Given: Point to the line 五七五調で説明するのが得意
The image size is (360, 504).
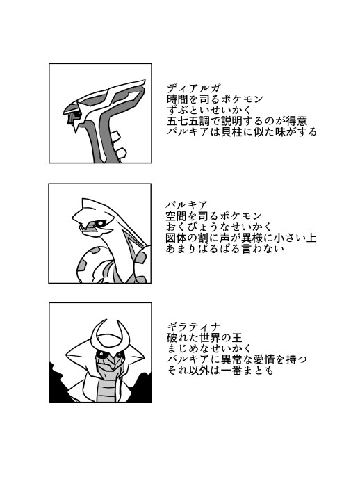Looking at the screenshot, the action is tap(237, 121).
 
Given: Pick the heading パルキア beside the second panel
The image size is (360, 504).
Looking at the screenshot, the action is tap(187, 204).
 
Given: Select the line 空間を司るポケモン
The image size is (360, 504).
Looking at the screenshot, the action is tap(214, 216).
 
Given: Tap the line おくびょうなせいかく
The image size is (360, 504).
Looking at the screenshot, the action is tap(219, 227).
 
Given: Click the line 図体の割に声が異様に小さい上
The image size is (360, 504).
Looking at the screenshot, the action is tap(241, 238).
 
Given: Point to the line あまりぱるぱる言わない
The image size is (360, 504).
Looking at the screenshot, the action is tap(225, 249).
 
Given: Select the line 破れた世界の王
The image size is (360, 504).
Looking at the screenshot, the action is tap(204, 337).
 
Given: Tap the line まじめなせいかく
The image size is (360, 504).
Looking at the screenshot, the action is tap(210, 348).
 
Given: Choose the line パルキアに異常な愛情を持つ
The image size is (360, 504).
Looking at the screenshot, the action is tap(237, 359).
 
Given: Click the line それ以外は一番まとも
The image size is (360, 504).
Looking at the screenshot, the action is tap(220, 371).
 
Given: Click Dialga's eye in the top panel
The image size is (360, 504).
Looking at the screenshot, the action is tap(77, 113).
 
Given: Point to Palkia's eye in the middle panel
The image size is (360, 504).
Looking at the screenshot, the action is tap(99, 222).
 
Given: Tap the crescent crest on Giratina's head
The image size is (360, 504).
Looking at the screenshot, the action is tap(107, 334).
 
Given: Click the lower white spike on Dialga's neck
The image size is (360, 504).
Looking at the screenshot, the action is tap(120, 154).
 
